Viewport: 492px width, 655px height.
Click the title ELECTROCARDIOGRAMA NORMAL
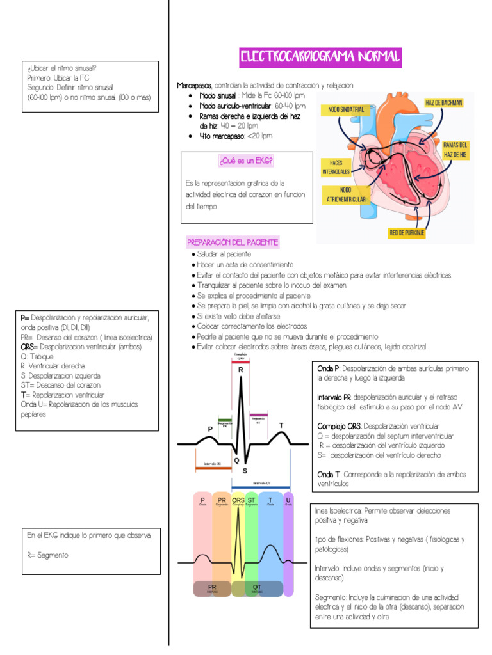[x=320, y=58]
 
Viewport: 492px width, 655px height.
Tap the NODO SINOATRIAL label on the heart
[x=346, y=109]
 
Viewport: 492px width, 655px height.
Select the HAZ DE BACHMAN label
[x=444, y=102]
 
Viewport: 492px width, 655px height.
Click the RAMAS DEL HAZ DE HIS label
[x=455, y=150]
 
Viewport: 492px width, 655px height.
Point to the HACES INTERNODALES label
[x=336, y=167]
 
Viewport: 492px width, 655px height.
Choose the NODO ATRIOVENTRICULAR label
[x=345, y=194]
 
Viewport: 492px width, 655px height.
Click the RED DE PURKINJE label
[x=407, y=233]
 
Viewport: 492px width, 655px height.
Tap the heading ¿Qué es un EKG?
[x=247, y=162]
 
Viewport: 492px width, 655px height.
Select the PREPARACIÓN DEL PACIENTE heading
[x=233, y=242]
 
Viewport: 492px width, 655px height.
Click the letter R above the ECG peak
[x=241, y=370]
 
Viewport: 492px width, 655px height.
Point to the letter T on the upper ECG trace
[x=281, y=425]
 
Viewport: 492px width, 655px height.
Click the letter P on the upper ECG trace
[x=209, y=429]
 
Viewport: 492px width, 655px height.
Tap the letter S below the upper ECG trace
[x=244, y=470]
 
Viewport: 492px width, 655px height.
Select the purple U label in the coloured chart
[x=288, y=500]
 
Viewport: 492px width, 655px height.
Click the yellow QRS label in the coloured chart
[x=238, y=500]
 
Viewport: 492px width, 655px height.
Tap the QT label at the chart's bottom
[x=256, y=586]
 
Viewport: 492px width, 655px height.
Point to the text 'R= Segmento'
[x=47, y=555]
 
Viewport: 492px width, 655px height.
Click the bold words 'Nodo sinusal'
[x=218, y=95]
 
